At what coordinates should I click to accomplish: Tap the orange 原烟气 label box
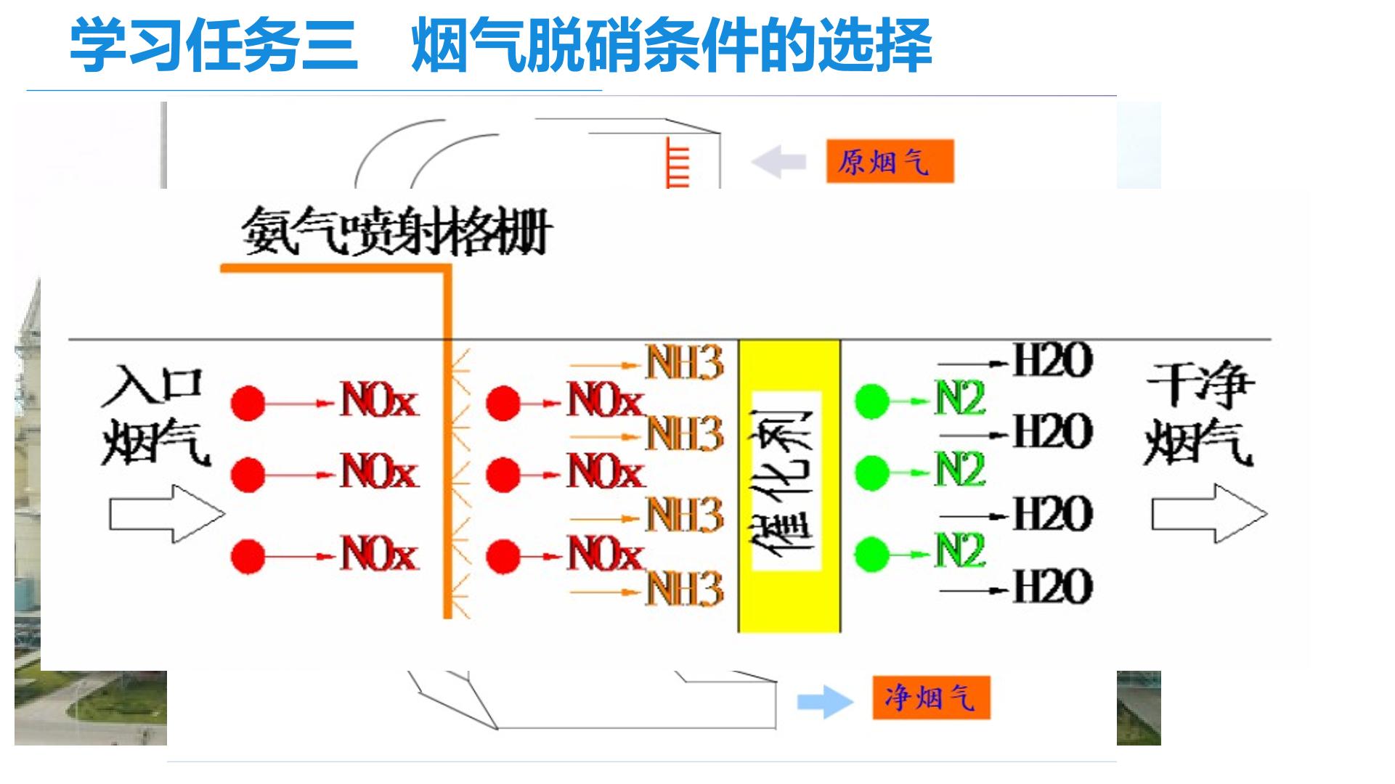pos(890,161)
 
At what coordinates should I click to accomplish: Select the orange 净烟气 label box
pos(931,698)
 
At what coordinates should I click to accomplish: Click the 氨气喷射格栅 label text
pos(396,232)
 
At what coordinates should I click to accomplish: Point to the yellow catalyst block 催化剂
pos(789,485)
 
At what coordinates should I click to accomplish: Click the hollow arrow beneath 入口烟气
pos(167,514)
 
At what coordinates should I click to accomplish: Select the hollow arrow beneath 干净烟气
pos(1209,514)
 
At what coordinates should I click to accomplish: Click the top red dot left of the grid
pos(248,402)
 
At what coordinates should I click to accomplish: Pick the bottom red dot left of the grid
pos(248,557)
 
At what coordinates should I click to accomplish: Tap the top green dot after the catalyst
pos(872,401)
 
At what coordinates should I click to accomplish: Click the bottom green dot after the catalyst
pos(872,555)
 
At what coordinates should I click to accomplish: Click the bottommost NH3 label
pos(685,589)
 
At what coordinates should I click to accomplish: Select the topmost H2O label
pos(1052,361)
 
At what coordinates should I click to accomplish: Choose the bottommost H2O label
pos(1052,587)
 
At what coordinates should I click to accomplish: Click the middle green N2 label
pos(960,470)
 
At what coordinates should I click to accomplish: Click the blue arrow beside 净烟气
pos(825,701)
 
